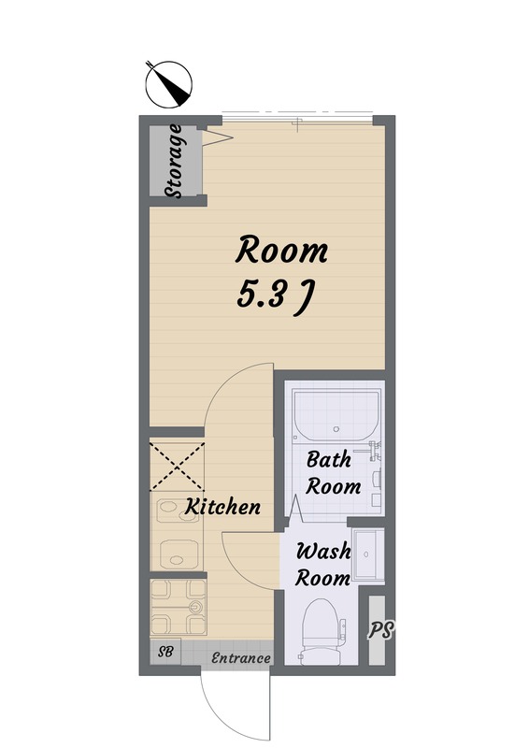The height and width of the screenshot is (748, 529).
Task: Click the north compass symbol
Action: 169,84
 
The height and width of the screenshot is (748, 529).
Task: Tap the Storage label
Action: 174,161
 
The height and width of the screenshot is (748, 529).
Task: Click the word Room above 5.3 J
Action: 281,250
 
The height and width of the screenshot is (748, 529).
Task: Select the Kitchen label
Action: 222,507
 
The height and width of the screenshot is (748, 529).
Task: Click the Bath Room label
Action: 333,473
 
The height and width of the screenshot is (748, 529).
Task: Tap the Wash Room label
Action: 323,565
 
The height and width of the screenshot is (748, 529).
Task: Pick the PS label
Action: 380,629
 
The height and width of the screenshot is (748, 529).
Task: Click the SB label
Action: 165,652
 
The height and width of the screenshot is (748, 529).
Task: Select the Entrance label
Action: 241,658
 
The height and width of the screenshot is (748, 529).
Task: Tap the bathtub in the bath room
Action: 336,415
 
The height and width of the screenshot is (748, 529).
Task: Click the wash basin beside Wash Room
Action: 367,554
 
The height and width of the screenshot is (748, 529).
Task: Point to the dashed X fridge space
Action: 177,467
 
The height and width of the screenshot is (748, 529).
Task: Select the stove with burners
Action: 178,607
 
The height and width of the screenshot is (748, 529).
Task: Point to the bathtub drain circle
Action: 336,428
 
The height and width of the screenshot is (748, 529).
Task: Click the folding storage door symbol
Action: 218,137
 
